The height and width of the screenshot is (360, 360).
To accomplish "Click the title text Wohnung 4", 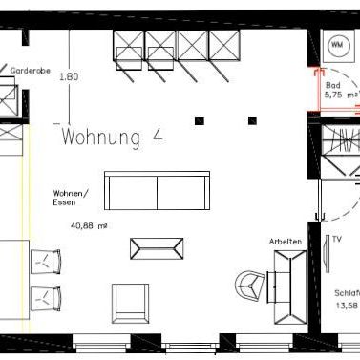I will (x=112, y=138).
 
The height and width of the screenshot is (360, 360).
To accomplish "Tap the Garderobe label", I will (x=30, y=71).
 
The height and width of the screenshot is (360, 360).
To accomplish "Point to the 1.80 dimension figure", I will (x=67, y=76).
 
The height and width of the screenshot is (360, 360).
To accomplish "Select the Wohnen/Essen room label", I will (x=71, y=198).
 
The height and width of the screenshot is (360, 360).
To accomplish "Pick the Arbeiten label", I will (x=286, y=242).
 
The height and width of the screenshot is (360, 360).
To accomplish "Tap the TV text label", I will (x=336, y=240).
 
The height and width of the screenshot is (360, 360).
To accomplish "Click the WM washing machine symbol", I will (x=338, y=46).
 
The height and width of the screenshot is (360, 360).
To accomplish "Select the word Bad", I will (x=331, y=85).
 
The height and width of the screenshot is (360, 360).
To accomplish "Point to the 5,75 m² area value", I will (x=340, y=95).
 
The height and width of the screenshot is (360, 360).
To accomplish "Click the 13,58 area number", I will (x=347, y=306).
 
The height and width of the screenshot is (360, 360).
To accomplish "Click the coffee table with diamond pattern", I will (x=155, y=248).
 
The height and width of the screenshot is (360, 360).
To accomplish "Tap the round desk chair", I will (x=250, y=283).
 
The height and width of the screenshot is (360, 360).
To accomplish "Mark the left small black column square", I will (x=200, y=120).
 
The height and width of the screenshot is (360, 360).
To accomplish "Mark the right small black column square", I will (x=254, y=120).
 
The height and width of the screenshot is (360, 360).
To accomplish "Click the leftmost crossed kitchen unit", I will (x=129, y=46).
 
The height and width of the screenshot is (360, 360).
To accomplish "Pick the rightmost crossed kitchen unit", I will (x=225, y=46).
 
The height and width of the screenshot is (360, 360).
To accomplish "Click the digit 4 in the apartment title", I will (x=157, y=138).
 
